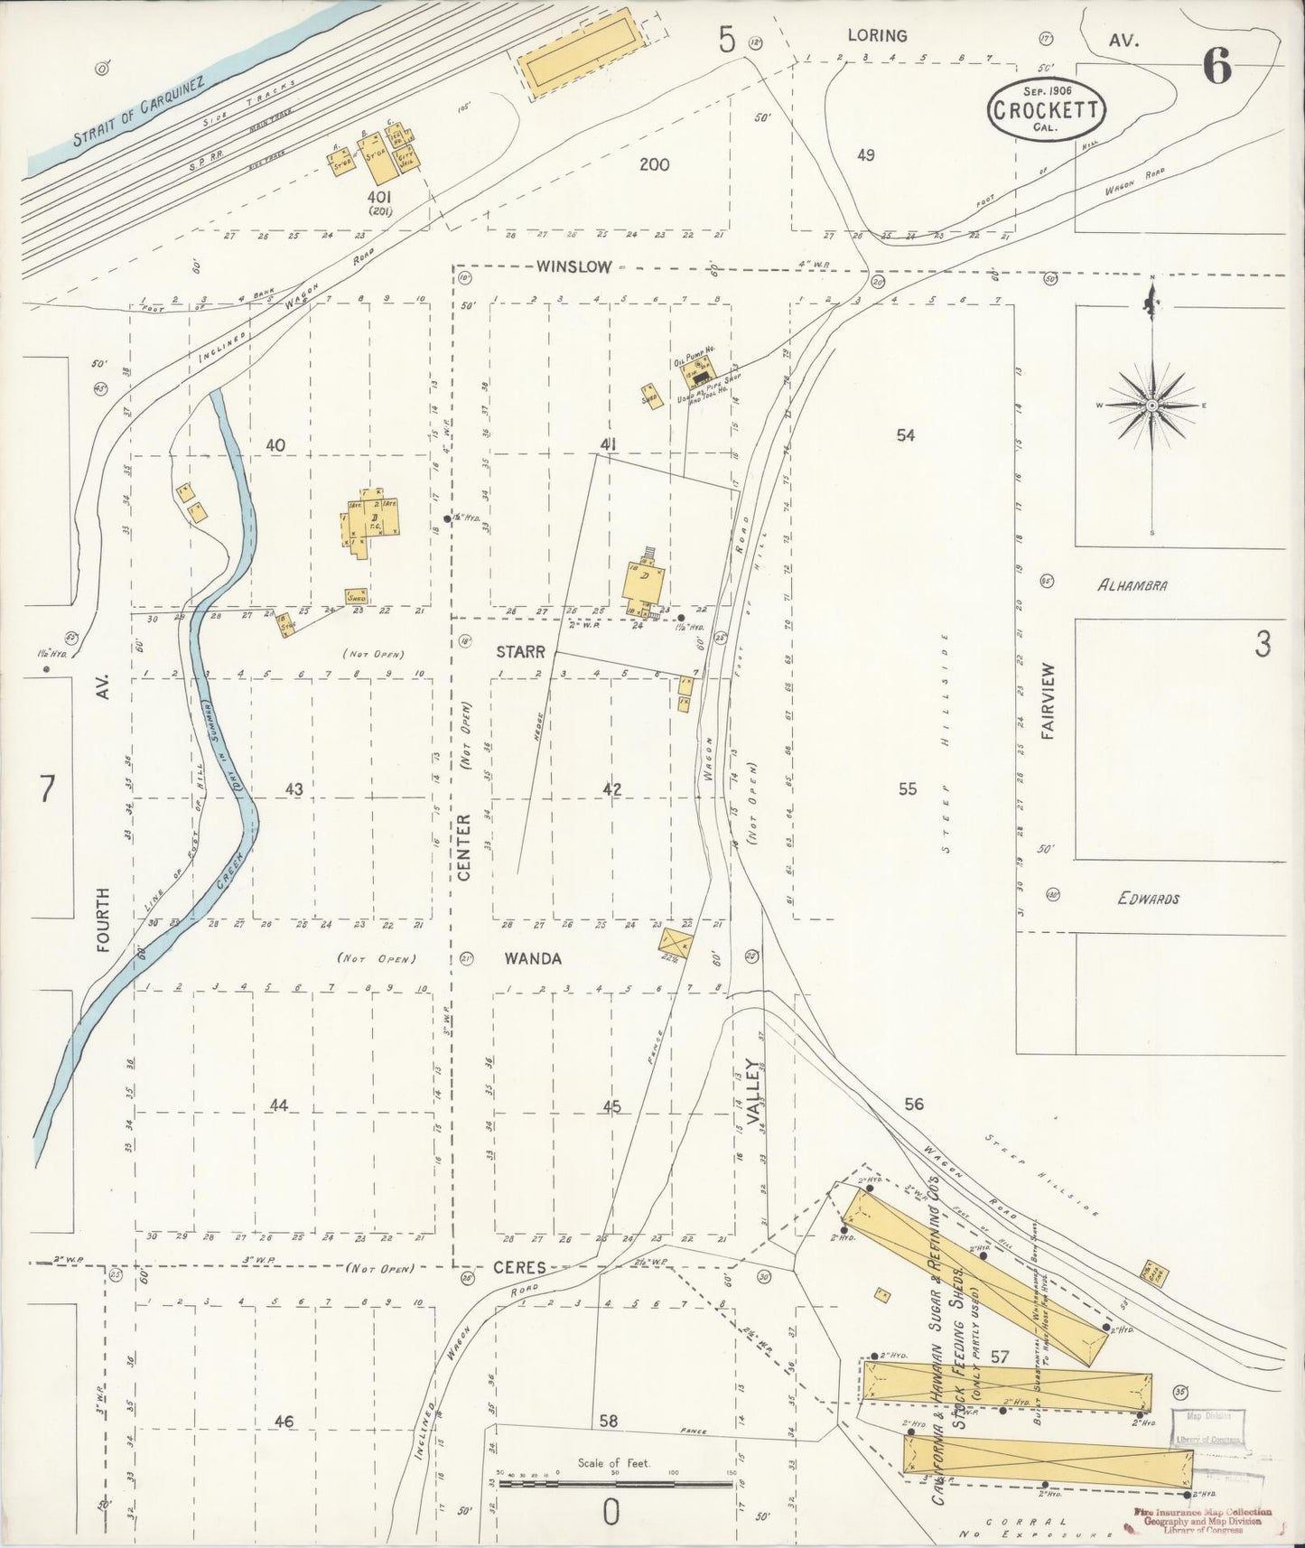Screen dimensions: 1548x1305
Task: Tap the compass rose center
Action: pyautogui.click(x=1151, y=406)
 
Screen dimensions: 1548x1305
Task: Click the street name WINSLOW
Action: pyautogui.click(x=573, y=266)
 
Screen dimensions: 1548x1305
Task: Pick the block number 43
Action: pyautogui.click(x=294, y=789)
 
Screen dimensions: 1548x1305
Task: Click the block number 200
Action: pyautogui.click(x=654, y=164)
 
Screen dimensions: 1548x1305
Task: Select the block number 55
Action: pyautogui.click(x=907, y=788)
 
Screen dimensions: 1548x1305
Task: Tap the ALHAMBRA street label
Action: pyautogui.click(x=1132, y=585)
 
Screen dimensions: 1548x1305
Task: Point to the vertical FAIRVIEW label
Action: pyautogui.click(x=1048, y=703)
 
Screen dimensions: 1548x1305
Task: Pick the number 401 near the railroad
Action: pyautogui.click(x=378, y=195)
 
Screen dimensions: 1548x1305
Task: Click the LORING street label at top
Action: pyautogui.click(x=876, y=35)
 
